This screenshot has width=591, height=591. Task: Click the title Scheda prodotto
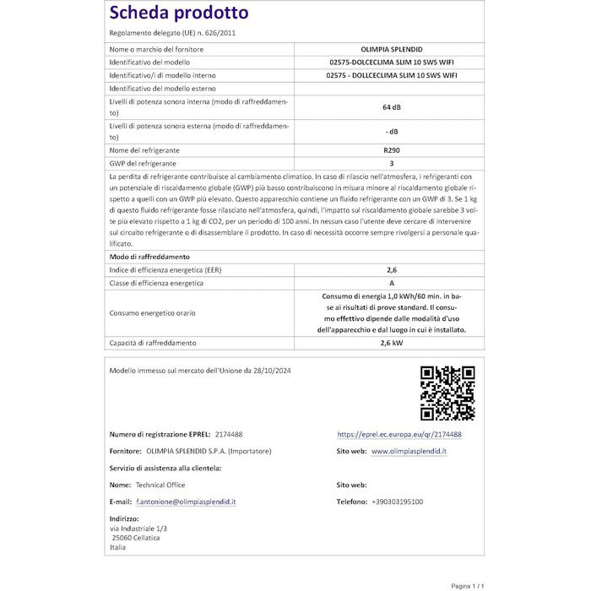click(x=179, y=13)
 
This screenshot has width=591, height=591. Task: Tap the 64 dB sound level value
click(x=391, y=107)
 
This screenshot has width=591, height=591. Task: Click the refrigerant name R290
click(x=391, y=149)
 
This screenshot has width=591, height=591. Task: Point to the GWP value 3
click(x=391, y=163)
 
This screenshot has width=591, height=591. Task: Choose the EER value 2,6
click(x=391, y=269)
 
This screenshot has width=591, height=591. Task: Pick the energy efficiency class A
click(x=391, y=283)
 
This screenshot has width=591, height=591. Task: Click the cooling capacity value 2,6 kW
click(x=391, y=343)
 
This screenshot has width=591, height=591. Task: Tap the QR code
click(x=447, y=393)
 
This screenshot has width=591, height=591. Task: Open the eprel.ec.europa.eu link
click(x=399, y=434)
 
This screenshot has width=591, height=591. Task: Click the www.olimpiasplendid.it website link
click(x=409, y=452)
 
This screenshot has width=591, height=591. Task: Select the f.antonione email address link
click(x=187, y=502)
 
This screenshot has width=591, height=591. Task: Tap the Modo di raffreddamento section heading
click(x=149, y=256)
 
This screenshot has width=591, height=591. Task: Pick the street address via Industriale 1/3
click(x=138, y=528)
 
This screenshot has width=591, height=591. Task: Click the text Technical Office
click(x=160, y=485)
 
